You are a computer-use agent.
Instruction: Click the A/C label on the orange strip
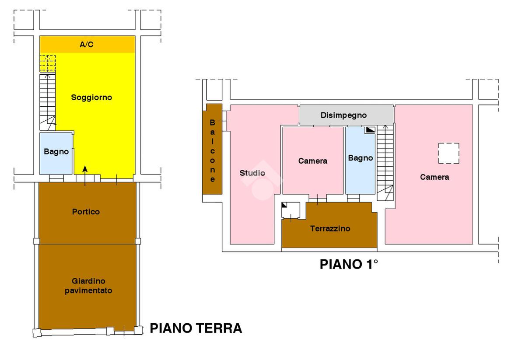tap(87, 45)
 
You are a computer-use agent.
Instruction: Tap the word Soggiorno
tap(91, 98)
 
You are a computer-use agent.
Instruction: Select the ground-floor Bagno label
tap(56, 152)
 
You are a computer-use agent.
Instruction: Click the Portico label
tap(86, 212)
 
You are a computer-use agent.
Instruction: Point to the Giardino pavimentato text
tap(88, 286)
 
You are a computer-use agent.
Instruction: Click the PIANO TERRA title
tap(196, 328)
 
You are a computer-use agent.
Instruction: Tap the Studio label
tap(252, 173)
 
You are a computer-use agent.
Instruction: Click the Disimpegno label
tap(343, 115)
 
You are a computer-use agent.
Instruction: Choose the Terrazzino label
tap(330, 228)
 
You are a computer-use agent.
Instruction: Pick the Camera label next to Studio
tap(312, 161)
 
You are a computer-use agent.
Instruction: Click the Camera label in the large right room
tap(434, 177)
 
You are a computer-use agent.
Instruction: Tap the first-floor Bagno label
tap(360, 158)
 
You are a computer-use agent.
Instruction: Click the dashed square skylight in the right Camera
tap(449, 153)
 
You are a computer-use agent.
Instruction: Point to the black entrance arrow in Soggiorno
tap(85, 169)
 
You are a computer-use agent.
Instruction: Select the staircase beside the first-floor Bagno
tap(385, 162)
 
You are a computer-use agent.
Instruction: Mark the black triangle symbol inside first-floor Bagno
tap(370, 129)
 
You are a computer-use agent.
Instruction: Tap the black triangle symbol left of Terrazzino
tap(285, 205)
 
